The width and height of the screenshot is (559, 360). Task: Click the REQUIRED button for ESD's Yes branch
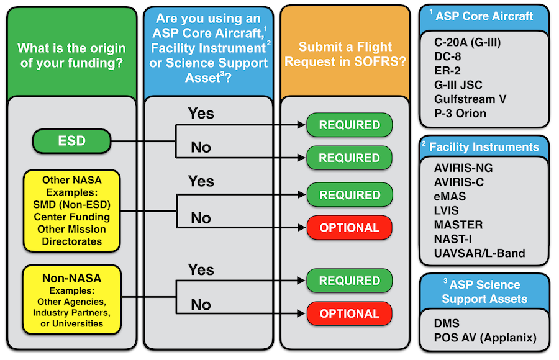349,125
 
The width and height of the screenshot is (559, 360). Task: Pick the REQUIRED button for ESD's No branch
349,158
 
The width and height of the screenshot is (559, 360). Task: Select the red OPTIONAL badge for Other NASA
349,228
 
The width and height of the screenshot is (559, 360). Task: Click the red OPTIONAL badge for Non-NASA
349,314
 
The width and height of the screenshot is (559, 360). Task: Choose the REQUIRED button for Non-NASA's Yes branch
349,281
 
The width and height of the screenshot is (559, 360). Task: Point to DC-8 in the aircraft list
448,56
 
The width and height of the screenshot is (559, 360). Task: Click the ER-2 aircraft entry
448,71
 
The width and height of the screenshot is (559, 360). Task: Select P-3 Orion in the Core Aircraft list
461,113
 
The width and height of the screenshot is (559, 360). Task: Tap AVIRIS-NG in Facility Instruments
464,168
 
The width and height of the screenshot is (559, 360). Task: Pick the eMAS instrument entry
450,196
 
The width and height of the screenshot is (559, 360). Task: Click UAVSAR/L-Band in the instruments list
479,253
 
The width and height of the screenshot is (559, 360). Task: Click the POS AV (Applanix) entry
485,339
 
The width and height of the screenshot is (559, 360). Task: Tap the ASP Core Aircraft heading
484,16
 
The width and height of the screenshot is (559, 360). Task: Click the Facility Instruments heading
484,147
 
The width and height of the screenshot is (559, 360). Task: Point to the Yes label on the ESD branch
201,114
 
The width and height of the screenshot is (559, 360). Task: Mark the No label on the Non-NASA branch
201,305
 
